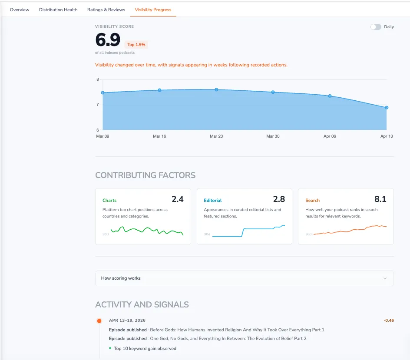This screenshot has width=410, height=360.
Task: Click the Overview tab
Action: [20, 10]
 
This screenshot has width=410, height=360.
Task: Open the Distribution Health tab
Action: [58, 10]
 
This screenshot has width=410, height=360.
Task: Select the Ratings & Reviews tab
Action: [106, 10]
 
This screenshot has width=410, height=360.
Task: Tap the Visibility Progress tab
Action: [153, 10]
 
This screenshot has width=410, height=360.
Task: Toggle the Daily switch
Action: [376, 27]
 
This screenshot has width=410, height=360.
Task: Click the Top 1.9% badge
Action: [136, 44]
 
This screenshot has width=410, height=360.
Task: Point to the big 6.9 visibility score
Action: [108, 40]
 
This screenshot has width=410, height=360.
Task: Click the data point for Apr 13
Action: [387, 107]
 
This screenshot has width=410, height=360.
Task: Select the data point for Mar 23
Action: [216, 89]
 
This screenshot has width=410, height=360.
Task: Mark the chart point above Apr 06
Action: [330, 96]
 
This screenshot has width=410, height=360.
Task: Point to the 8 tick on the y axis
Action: [98, 79]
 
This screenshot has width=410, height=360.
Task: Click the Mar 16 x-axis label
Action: [159, 136]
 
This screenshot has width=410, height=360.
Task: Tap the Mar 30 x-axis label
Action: [273, 136]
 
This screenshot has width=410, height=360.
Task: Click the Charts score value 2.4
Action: [178, 199]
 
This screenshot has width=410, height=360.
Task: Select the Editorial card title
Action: [213, 201]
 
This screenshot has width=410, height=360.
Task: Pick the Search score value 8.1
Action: [380, 199]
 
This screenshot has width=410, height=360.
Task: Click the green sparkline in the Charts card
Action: [147, 231]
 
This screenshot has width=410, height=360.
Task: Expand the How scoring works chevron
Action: [385, 278]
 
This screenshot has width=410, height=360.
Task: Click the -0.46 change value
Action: [388, 320]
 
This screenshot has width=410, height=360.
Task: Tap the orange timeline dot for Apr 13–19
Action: [99, 321]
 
